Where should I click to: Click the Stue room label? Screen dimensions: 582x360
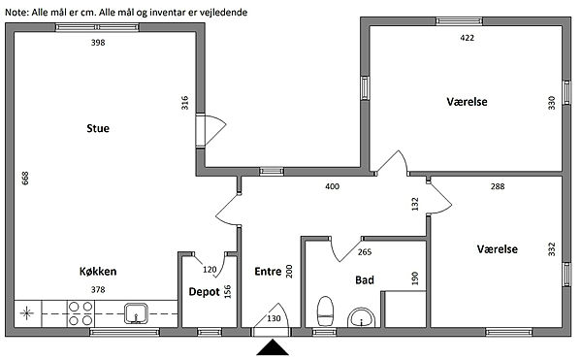coord(98,128)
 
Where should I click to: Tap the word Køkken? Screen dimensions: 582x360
coord(98,272)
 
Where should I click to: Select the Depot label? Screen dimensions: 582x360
coord(204,292)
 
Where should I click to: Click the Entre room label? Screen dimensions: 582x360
coord(268,272)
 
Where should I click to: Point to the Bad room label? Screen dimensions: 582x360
coord(365,279)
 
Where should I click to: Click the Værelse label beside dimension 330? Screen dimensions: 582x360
coord(467,102)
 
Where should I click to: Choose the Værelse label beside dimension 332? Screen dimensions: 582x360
coord(498,249)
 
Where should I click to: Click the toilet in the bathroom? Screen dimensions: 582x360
coord(326,311)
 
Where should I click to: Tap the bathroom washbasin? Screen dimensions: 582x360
coord(362,317)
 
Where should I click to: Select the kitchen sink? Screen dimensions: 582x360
coord(136,313)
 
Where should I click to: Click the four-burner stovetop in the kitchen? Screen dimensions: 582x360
coord(81,313)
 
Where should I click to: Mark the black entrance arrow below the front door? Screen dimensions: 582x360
coord(272,347)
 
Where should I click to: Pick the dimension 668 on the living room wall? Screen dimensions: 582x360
coord(25,179)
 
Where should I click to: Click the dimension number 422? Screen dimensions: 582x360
coord(467,38)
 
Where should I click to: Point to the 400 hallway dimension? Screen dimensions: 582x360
coord(332,186)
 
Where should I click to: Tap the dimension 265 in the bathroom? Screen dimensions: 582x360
coord(365,252)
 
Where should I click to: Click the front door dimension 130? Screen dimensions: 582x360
coord(274,318)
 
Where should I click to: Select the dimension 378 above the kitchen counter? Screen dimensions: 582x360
coord(98,289)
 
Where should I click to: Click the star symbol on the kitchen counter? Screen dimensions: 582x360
coord(27,313)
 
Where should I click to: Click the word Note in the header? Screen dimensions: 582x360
coord(16,13)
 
